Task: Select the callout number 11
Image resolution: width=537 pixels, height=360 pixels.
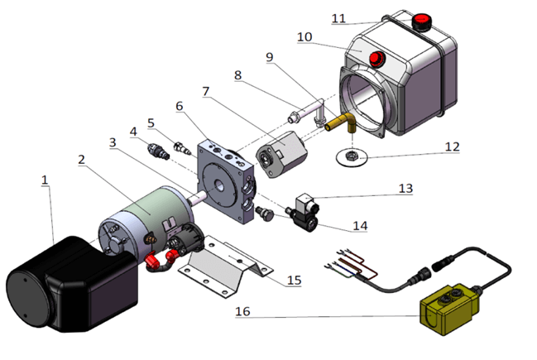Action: pyautogui.click(x=338, y=18)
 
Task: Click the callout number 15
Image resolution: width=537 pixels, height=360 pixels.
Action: pyautogui.click(x=294, y=279)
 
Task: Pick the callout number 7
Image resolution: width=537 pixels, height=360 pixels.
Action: pyautogui.click(x=206, y=89)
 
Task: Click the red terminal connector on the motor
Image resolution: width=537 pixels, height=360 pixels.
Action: pyautogui.click(x=154, y=262)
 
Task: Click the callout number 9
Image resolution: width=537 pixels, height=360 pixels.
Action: pyautogui.click(x=269, y=57)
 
